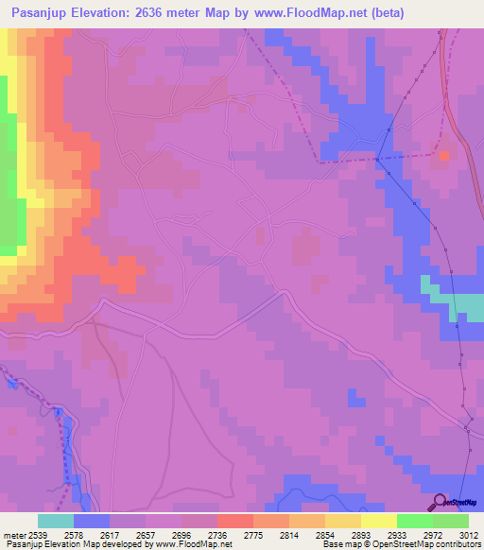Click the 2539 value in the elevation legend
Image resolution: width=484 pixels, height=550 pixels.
point(38,534)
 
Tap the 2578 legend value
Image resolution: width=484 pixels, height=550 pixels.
point(74,534)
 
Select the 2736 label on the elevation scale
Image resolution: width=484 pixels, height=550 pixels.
point(217,534)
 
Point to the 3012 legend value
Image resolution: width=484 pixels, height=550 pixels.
point(469,534)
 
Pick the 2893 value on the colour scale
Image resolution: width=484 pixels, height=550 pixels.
point(361,534)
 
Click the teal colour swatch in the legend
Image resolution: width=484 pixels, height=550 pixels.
point(56,521)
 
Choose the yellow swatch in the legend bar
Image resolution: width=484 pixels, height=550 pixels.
point(379,521)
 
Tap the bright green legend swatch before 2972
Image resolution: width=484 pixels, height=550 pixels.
point(415,521)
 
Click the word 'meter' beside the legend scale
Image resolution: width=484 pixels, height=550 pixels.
point(13,534)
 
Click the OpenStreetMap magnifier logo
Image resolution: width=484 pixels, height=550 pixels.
point(439,502)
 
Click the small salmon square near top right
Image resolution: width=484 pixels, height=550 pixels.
point(444,155)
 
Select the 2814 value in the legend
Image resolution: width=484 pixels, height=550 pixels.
point(289,534)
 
